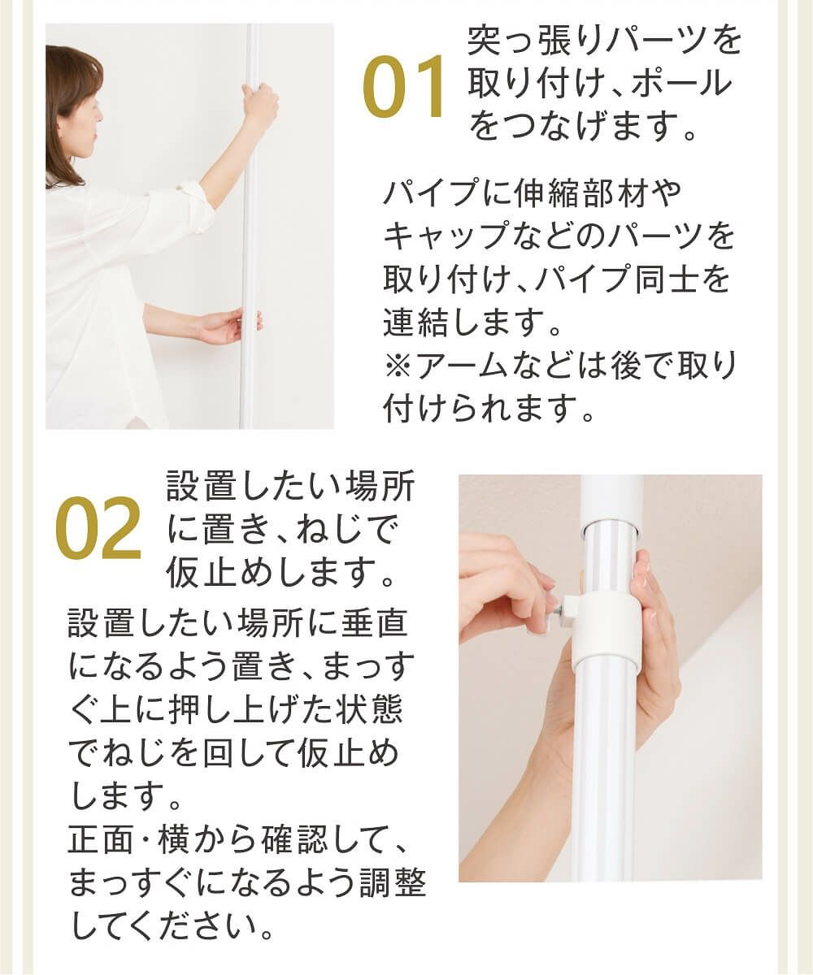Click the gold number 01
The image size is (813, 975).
[x=404, y=88]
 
